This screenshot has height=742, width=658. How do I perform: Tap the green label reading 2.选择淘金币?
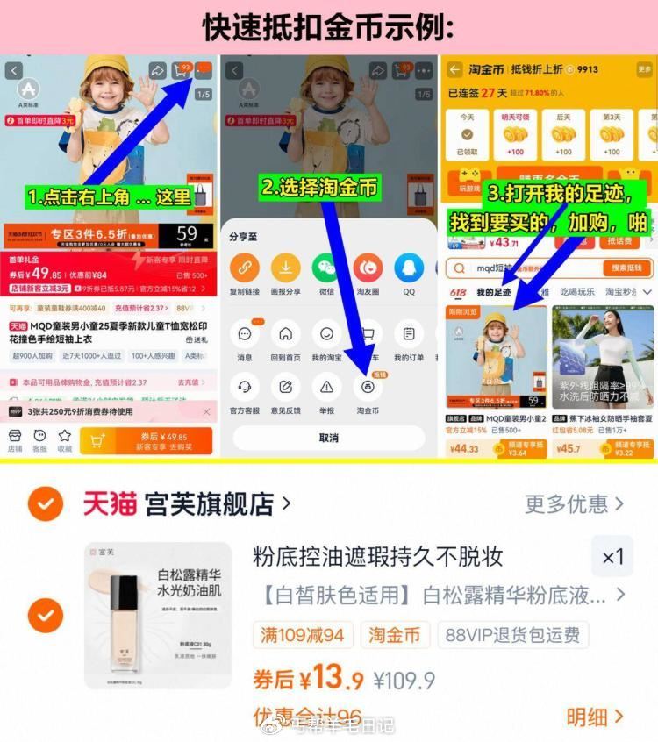pos(320,187)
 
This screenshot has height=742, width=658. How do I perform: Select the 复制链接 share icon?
pos(244,268)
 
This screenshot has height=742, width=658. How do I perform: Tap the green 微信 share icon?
pos(326,268)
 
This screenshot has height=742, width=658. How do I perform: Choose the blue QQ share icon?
pos(409,268)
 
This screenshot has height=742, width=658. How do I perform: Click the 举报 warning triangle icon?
pos(326,386)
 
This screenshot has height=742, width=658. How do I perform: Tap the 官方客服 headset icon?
pos(244,386)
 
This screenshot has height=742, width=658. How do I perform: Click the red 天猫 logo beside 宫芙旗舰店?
pos(110,503)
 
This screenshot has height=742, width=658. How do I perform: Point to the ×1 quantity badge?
pos(612,557)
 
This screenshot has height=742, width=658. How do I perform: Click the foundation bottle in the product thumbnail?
pos(124,611)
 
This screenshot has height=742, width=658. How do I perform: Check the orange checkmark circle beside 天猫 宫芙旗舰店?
pos(45,503)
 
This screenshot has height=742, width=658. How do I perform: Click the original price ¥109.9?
pos(404,681)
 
